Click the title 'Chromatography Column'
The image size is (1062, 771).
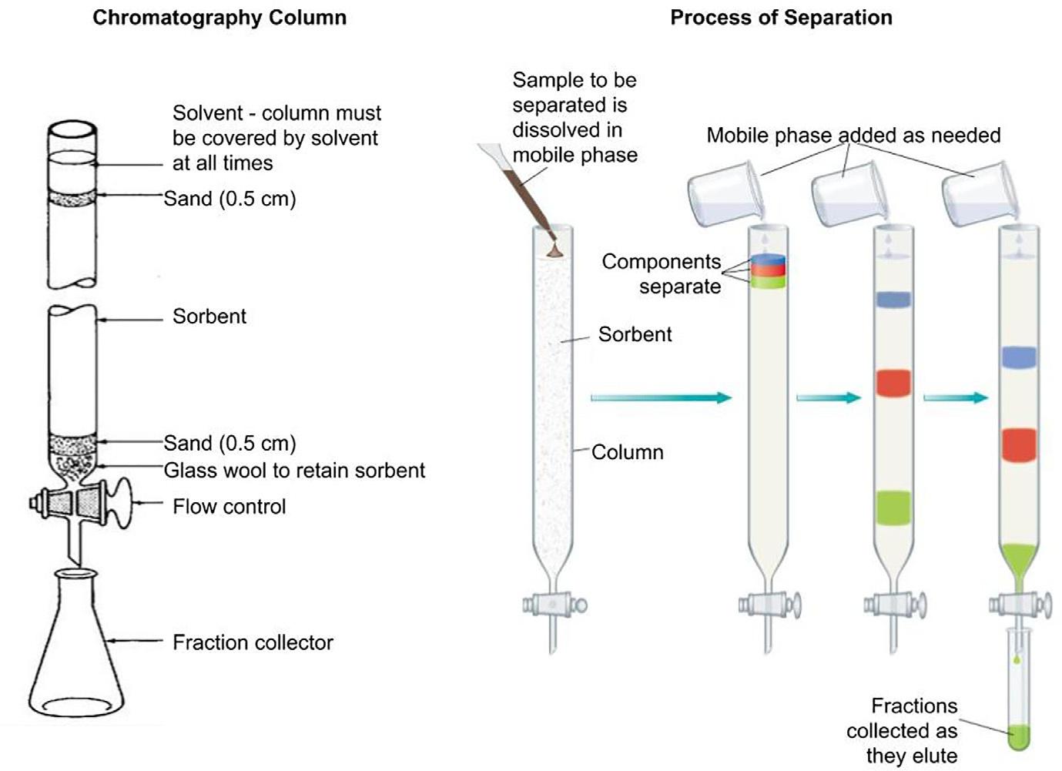click(219, 18)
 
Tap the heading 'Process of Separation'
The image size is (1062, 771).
click(781, 18)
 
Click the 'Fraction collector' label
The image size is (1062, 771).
click(253, 642)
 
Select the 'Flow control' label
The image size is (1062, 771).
click(229, 506)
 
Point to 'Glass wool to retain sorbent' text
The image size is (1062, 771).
click(294, 470)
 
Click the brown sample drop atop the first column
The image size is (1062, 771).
click(554, 250)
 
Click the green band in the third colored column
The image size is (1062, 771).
click(893, 508)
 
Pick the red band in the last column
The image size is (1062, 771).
click(1018, 445)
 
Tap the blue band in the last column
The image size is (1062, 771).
click(1018, 357)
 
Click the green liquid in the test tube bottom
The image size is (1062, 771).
click(1020, 737)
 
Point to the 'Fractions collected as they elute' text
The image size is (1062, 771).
click(902, 730)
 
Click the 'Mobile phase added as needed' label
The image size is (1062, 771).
click(853, 136)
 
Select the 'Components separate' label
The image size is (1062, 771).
click(662, 273)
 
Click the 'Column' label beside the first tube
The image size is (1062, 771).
click(627, 452)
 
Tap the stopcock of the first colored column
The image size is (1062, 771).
click(554, 604)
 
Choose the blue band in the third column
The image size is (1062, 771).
click(893, 300)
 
